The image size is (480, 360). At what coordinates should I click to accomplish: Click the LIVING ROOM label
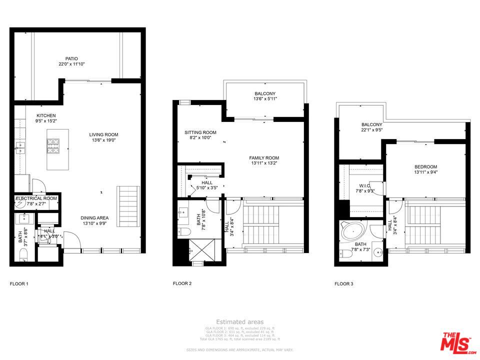[x=103, y=134]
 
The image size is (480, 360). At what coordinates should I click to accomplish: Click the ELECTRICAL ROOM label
[x=36, y=198]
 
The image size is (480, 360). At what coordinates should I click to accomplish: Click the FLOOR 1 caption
[x=19, y=284]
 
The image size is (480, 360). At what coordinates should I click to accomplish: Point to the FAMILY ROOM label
[x=264, y=158]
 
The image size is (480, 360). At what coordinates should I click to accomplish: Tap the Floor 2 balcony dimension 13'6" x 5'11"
[x=264, y=99]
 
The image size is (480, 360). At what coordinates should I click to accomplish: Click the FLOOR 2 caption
[x=182, y=283]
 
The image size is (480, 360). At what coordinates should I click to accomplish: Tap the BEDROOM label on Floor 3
[x=425, y=167]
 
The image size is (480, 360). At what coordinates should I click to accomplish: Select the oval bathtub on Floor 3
[x=353, y=231]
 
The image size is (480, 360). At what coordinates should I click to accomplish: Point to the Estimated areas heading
[x=239, y=322]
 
